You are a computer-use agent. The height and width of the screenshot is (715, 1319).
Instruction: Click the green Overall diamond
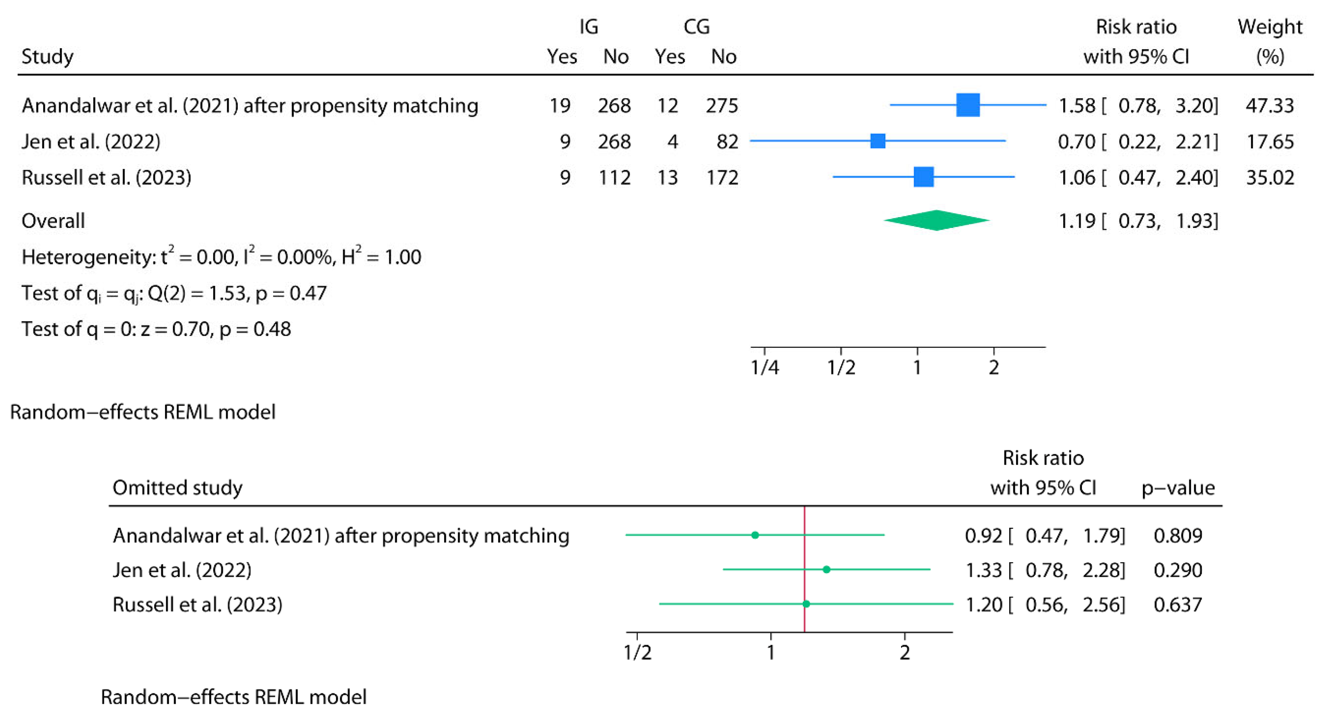pyautogui.click(x=936, y=221)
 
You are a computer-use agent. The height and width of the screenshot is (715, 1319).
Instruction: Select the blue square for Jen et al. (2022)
pyautogui.click(x=878, y=141)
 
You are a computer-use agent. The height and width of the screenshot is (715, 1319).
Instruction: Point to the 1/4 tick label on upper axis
pyautogui.click(x=764, y=368)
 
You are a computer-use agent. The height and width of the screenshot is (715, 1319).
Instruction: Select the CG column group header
pyautogui.click(x=696, y=27)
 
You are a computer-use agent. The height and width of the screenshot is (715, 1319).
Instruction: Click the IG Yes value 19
pyautogui.click(x=560, y=105)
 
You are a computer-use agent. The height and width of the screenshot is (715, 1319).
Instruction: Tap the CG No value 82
pyautogui.click(x=727, y=141)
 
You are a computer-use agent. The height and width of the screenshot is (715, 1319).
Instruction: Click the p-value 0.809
pyautogui.click(x=1178, y=535)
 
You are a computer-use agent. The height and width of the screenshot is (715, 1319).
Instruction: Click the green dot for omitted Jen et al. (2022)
pyautogui.click(x=826, y=569)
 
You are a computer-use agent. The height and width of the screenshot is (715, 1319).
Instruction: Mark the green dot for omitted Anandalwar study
pyautogui.click(x=755, y=535)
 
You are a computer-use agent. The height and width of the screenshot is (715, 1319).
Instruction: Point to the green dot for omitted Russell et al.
pyautogui.click(x=806, y=604)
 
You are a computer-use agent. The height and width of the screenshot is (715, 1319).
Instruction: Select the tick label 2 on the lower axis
pyautogui.click(x=905, y=653)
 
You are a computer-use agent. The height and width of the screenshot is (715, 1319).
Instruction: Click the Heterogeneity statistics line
pyautogui.click(x=221, y=256)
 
